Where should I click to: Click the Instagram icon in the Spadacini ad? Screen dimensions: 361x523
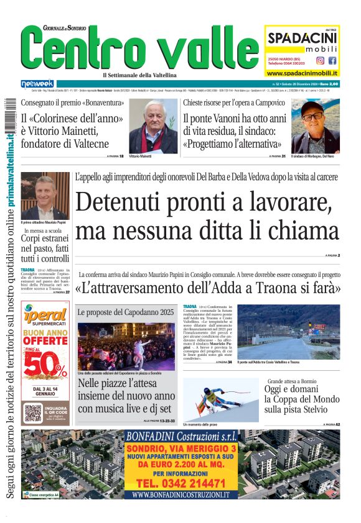[x=320, y=61]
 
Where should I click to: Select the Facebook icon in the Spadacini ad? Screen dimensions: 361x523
[x=332, y=61]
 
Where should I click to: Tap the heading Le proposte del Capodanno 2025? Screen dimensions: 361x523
[x=126, y=312]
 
